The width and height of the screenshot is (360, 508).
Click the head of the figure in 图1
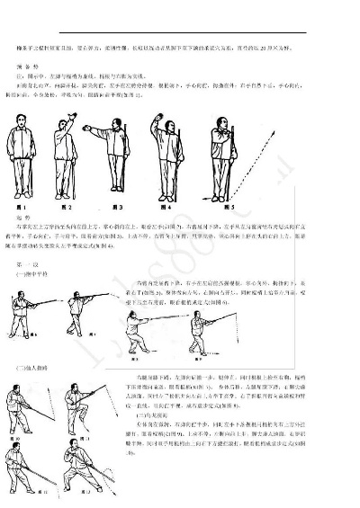click(24, 122)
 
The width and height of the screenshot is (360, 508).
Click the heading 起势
click(24, 218)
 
